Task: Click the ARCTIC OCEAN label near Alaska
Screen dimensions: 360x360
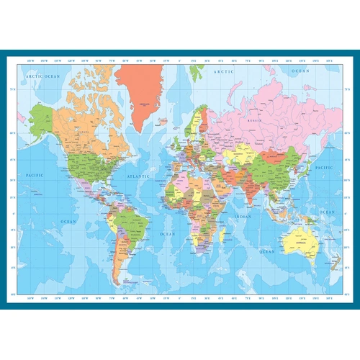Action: point(40,75)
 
